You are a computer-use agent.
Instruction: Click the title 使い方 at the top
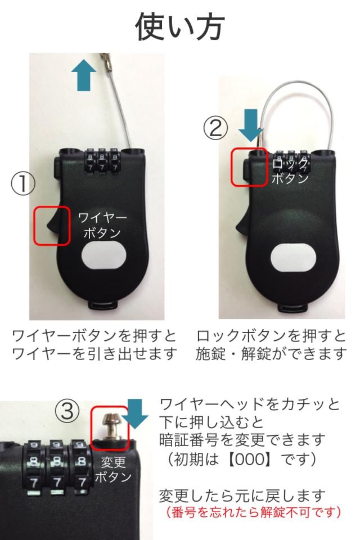tap(180, 26)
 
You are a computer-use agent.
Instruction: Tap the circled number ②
tap(215, 128)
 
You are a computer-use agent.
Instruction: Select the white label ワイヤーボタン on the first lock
tap(102, 226)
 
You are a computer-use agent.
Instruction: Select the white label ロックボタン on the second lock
tap(289, 171)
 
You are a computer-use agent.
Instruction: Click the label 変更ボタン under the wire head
tap(113, 469)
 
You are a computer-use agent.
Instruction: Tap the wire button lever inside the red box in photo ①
tap(52, 224)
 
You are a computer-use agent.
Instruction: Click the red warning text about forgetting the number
tap(253, 512)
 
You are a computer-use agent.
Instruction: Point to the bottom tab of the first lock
tap(105, 306)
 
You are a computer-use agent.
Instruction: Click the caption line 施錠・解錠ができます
tap(271, 353)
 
